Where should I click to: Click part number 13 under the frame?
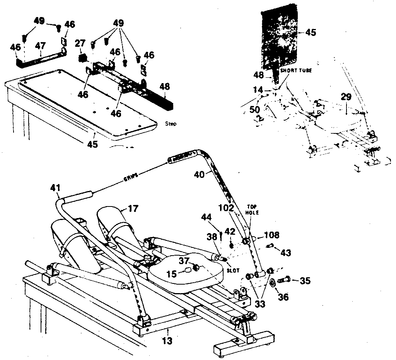coord(167,341)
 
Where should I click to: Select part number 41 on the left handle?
coord(56,189)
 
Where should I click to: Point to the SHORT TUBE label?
coord(296,71)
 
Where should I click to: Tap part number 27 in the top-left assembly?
coord(80,43)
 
